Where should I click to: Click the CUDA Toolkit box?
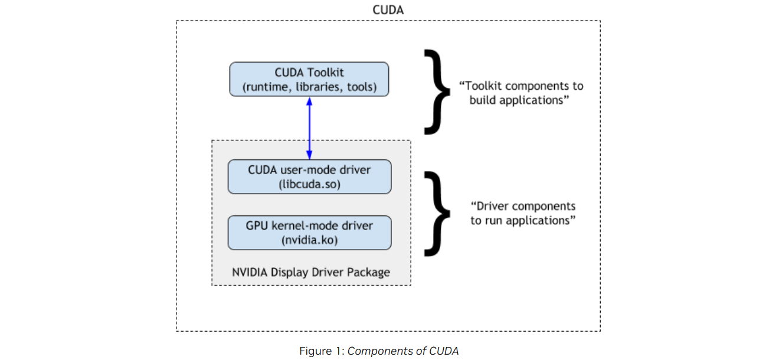pyautogui.click(x=309, y=80)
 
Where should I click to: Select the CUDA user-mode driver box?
pyautogui.click(x=309, y=176)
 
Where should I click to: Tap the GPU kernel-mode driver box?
pyautogui.click(x=309, y=233)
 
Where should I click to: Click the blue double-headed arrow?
pyautogui.click(x=309, y=128)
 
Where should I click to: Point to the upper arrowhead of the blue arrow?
pyautogui.click(x=309, y=100)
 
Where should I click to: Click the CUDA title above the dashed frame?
pyautogui.click(x=388, y=10)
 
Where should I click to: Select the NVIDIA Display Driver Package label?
pyautogui.click(x=311, y=273)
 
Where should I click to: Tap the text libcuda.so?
pyautogui.click(x=310, y=184)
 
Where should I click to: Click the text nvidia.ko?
pyautogui.click(x=310, y=240)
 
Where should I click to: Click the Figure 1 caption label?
pyautogui.click(x=322, y=351)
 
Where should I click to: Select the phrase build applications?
pyautogui.click(x=519, y=100)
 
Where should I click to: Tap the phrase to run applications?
pyautogui.click(x=523, y=221)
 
